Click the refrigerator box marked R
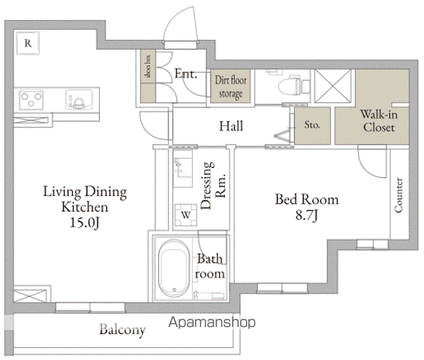click(x=28, y=43)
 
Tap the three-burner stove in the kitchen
click(x=32, y=100)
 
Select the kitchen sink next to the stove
click(x=79, y=100)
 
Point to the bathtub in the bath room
click(x=174, y=268)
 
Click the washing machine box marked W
click(x=186, y=215)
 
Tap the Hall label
click(x=231, y=127)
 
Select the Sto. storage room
click(x=312, y=126)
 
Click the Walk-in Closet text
click(x=379, y=121)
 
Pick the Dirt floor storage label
click(x=230, y=87)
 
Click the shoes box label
click(x=148, y=66)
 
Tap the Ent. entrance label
click(x=185, y=73)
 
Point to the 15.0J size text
click(x=85, y=223)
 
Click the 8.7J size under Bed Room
click(x=306, y=215)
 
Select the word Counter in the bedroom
click(x=398, y=195)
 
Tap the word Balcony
click(x=122, y=330)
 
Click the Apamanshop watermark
click(x=212, y=322)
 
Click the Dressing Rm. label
click(x=213, y=186)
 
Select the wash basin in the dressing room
click(x=183, y=169)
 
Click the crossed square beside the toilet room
click(x=333, y=86)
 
